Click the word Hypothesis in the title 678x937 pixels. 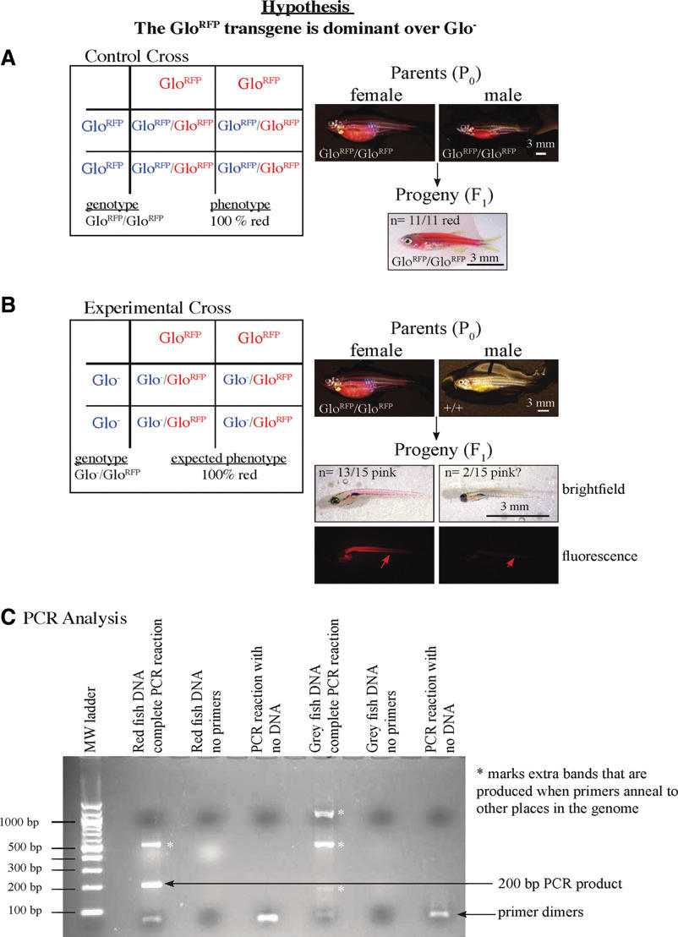coord(338,9)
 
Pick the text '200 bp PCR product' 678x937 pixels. coord(573,884)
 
